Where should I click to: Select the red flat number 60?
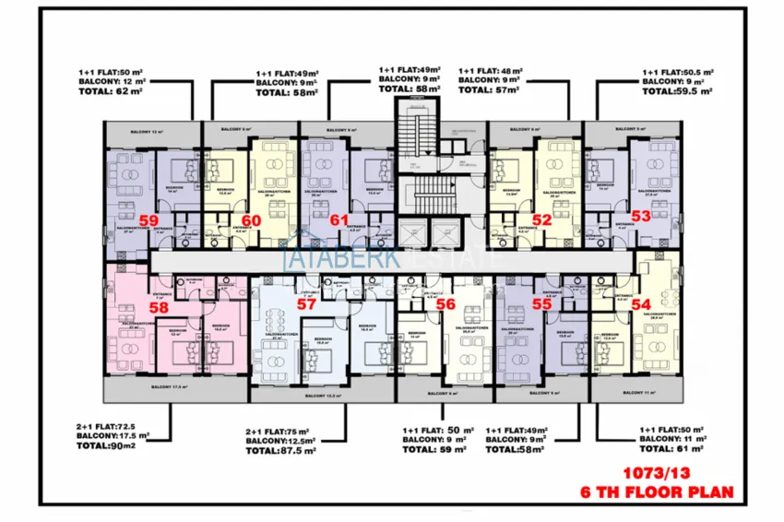[252, 220]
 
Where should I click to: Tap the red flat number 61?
[339, 220]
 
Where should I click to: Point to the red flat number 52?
[541, 219]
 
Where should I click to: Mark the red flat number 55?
[541, 303]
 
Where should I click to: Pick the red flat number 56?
[445, 303]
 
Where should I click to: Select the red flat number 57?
[307, 303]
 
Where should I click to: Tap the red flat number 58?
[158, 308]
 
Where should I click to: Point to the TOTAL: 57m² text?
[490, 90]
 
